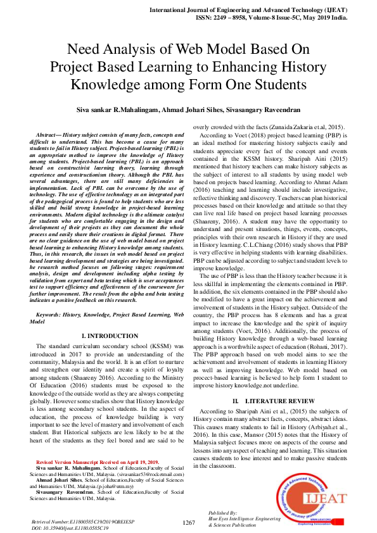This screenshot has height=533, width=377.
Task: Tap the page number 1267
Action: tap(188, 522)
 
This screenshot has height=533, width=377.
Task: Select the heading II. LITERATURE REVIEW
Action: tap(273, 401)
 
